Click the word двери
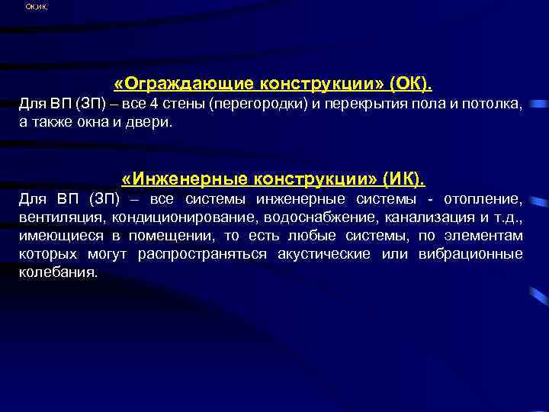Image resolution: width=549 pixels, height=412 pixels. coord(151,122)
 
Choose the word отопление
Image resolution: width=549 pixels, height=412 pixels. coord(484,200)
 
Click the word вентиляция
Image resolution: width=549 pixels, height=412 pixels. coord(64,217)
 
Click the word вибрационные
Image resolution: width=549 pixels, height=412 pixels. coord(470,254)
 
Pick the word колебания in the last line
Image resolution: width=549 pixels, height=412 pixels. coord(58,272)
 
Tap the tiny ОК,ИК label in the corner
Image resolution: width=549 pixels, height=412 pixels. coord(35,7)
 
